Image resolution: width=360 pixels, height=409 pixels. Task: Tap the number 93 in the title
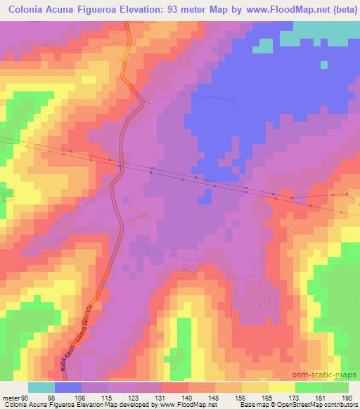pos(178,11)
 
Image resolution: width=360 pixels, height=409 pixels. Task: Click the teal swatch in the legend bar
pos(41,387)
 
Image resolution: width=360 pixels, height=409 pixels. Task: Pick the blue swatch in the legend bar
pos(68,387)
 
